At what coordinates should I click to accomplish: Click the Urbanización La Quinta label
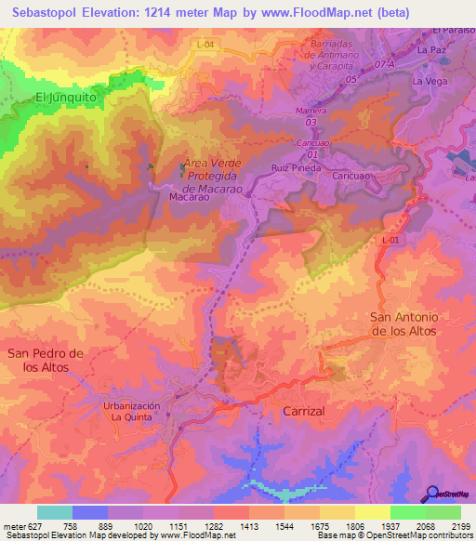pyautogui.click(x=132, y=412)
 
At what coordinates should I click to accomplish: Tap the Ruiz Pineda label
pyautogui.click(x=297, y=168)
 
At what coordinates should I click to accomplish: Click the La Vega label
pyautogui.click(x=430, y=82)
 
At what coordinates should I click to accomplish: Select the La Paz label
pyautogui.click(x=432, y=50)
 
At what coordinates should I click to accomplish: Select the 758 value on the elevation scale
pyautogui.click(x=71, y=525)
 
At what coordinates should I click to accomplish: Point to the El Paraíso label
pyautogui.click(x=453, y=31)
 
